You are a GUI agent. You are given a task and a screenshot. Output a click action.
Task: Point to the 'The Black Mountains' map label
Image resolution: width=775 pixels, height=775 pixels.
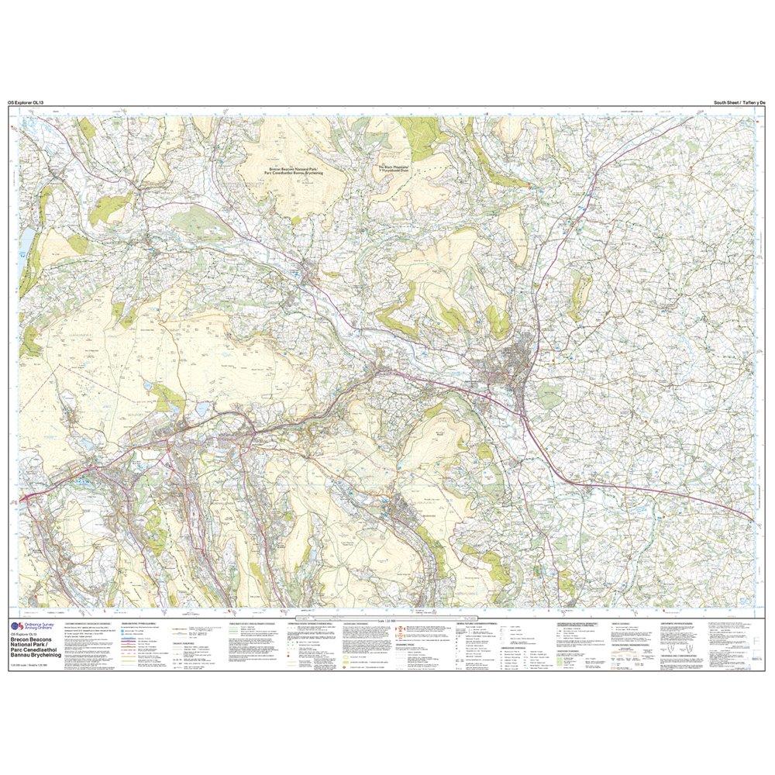pos(402,168)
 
